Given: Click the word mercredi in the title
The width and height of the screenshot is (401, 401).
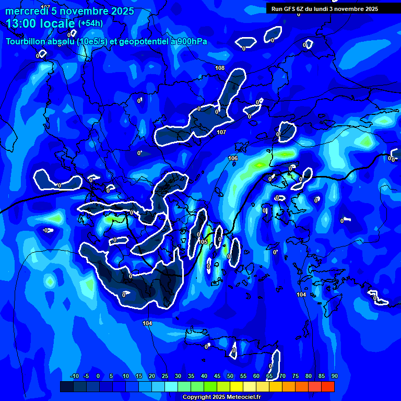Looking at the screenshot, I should click(27, 11).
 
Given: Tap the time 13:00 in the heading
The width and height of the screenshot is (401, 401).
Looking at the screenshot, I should click(21, 23).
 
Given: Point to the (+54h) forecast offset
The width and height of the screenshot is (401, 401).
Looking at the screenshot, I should click(90, 23).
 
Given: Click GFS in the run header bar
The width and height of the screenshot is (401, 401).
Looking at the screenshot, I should click(289, 9).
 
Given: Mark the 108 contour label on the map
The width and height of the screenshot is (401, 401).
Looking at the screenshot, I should click(220, 68).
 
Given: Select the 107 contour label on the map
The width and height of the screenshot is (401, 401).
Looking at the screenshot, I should click(221, 132).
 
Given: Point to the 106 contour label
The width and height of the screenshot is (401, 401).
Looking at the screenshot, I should click(233, 158).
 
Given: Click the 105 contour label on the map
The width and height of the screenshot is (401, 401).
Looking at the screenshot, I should click(203, 242).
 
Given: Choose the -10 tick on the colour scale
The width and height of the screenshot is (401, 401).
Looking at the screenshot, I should click(74, 376).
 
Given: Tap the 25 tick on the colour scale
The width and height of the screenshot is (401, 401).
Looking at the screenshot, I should click(164, 376).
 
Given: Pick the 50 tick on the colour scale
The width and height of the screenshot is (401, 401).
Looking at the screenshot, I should click(230, 376).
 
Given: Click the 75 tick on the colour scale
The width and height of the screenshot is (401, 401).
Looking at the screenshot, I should click(296, 376).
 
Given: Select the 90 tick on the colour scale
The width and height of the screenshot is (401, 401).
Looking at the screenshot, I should click(334, 376).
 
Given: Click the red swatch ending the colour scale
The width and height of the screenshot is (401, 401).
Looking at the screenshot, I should click(328, 386).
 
